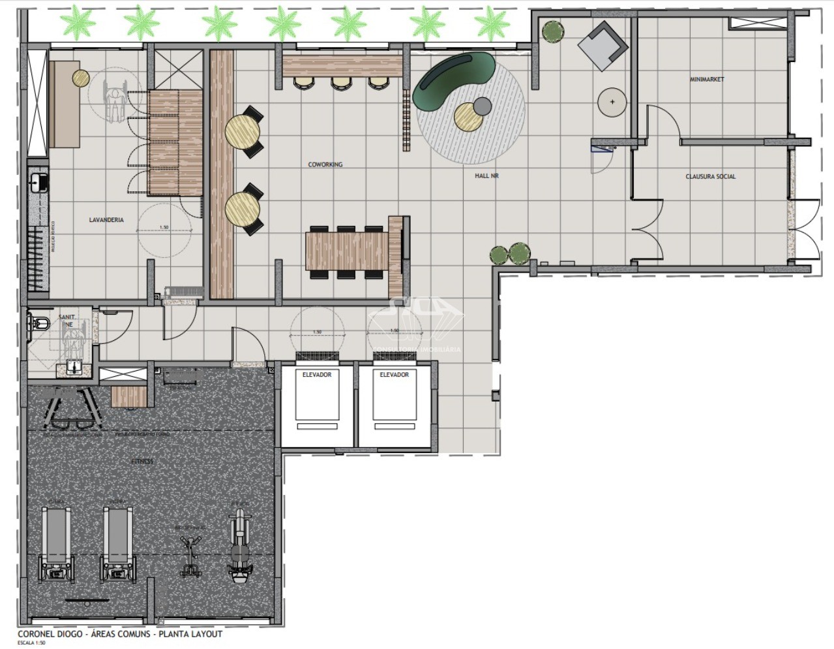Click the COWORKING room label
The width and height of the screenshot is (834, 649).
click(325, 165)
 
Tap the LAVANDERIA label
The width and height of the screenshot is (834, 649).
click(106, 220)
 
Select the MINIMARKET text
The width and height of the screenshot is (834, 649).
click(707, 80)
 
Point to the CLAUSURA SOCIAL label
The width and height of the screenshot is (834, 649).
click(710, 176)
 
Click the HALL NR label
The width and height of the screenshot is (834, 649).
click(486, 176)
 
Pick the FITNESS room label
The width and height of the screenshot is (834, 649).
click(142, 461)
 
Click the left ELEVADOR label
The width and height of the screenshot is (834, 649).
click(317, 375)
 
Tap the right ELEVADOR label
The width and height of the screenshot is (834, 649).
click(395, 375)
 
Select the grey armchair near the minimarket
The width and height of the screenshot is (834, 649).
click(603, 45)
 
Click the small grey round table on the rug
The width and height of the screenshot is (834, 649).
click(482, 105)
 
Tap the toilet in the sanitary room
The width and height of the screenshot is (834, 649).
click(40, 321)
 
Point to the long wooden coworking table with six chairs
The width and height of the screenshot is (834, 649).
click(347, 252)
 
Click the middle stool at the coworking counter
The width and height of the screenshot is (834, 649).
click(341, 83)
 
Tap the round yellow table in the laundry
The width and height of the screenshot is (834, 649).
click(81, 78)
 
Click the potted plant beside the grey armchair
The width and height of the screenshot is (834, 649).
click(552, 31)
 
